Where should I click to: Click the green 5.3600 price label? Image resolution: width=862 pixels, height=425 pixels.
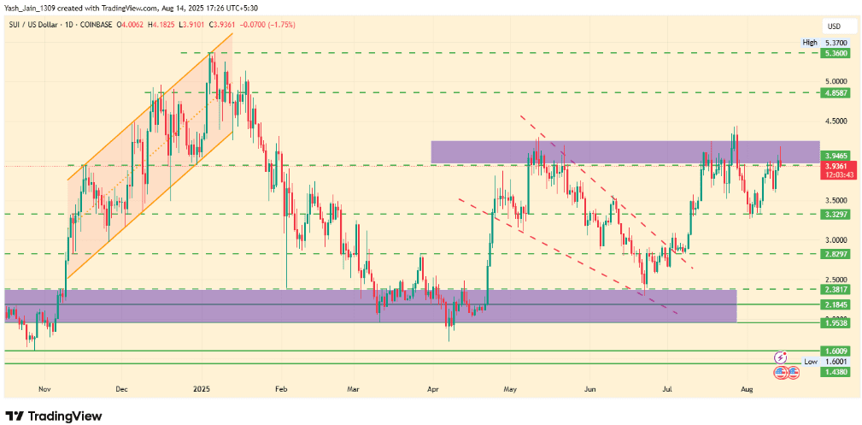click(836, 53)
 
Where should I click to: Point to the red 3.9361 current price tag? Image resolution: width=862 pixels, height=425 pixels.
click(836, 166)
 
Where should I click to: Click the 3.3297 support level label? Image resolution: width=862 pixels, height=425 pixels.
click(836, 214)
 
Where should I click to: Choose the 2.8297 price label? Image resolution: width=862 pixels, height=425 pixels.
click(836, 254)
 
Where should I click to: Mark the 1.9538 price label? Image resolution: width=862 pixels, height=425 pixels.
click(836, 323)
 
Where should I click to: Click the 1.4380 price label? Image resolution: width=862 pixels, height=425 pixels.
click(836, 373)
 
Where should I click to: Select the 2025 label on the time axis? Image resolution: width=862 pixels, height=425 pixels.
click(202, 387)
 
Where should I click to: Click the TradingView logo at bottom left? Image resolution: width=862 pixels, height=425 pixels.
click(54, 416)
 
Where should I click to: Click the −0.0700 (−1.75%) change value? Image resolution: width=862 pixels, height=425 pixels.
click(266, 25)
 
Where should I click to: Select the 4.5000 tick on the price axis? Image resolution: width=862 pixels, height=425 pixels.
click(835, 121)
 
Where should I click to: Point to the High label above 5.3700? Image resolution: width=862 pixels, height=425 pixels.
click(810, 42)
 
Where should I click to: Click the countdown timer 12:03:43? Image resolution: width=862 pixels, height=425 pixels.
click(836, 175)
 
